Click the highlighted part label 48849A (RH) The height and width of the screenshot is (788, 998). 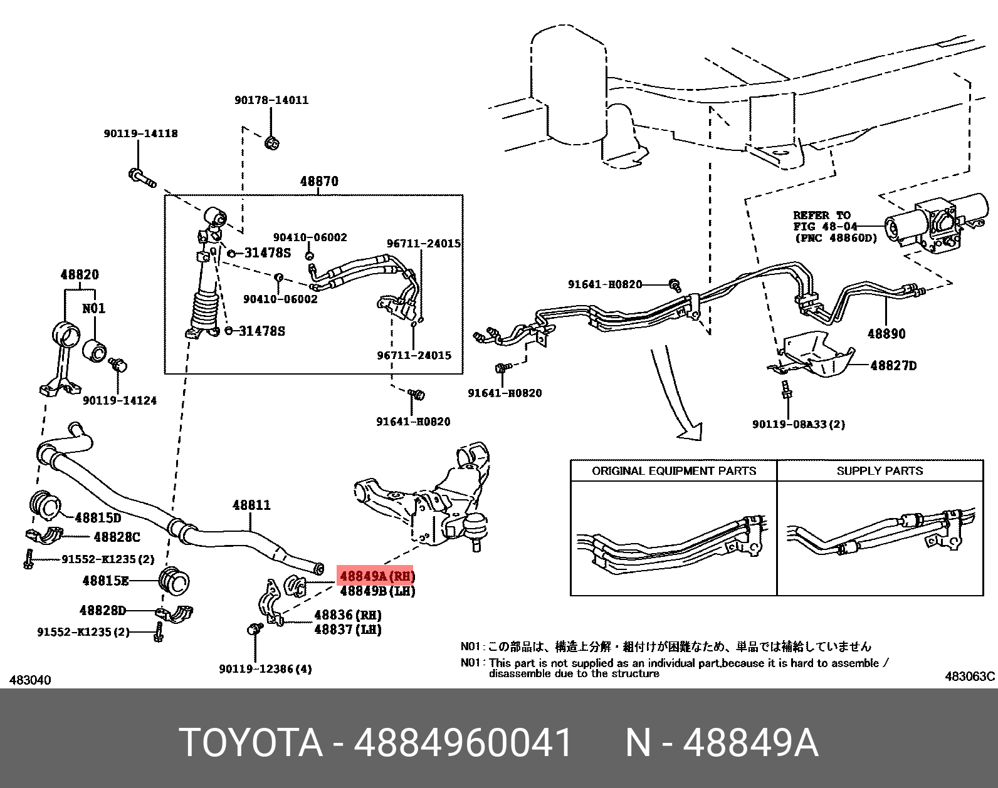click(376, 575)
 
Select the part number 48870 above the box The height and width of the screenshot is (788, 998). click(319, 182)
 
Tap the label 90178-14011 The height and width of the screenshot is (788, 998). click(271, 100)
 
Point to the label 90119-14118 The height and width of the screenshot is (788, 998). click(140, 133)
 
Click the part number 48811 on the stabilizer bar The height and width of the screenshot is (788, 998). click(251, 505)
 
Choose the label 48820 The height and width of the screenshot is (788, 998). click(80, 275)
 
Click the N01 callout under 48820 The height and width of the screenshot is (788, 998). click(94, 308)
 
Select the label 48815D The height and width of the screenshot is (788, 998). click(98, 518)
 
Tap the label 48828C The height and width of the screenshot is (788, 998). click(117, 537)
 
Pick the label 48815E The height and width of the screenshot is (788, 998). click(105, 581)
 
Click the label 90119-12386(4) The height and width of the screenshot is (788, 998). click(265, 669)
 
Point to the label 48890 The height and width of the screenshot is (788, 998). click(886, 334)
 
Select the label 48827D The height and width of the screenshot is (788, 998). click(893, 366)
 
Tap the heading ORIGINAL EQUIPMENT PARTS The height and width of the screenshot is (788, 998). click(674, 471)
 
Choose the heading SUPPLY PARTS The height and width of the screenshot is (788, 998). click(880, 471)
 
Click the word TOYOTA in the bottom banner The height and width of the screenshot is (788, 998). click(251, 743)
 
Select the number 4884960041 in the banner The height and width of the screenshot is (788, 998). click(463, 743)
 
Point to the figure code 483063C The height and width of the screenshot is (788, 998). click(969, 677)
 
